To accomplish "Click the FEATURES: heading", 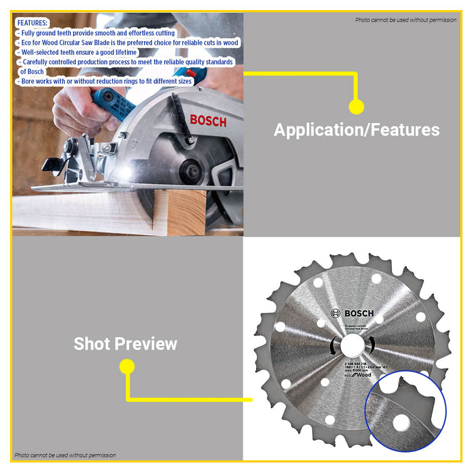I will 31,23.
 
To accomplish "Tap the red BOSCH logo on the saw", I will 208,120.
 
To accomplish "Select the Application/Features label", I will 356,130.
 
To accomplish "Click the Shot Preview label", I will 126,344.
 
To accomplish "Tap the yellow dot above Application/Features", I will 356,107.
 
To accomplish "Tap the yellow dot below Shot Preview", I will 126,367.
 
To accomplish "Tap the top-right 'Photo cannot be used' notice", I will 405,20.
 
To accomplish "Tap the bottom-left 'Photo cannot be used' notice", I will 66,455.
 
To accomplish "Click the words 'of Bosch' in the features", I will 32,71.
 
